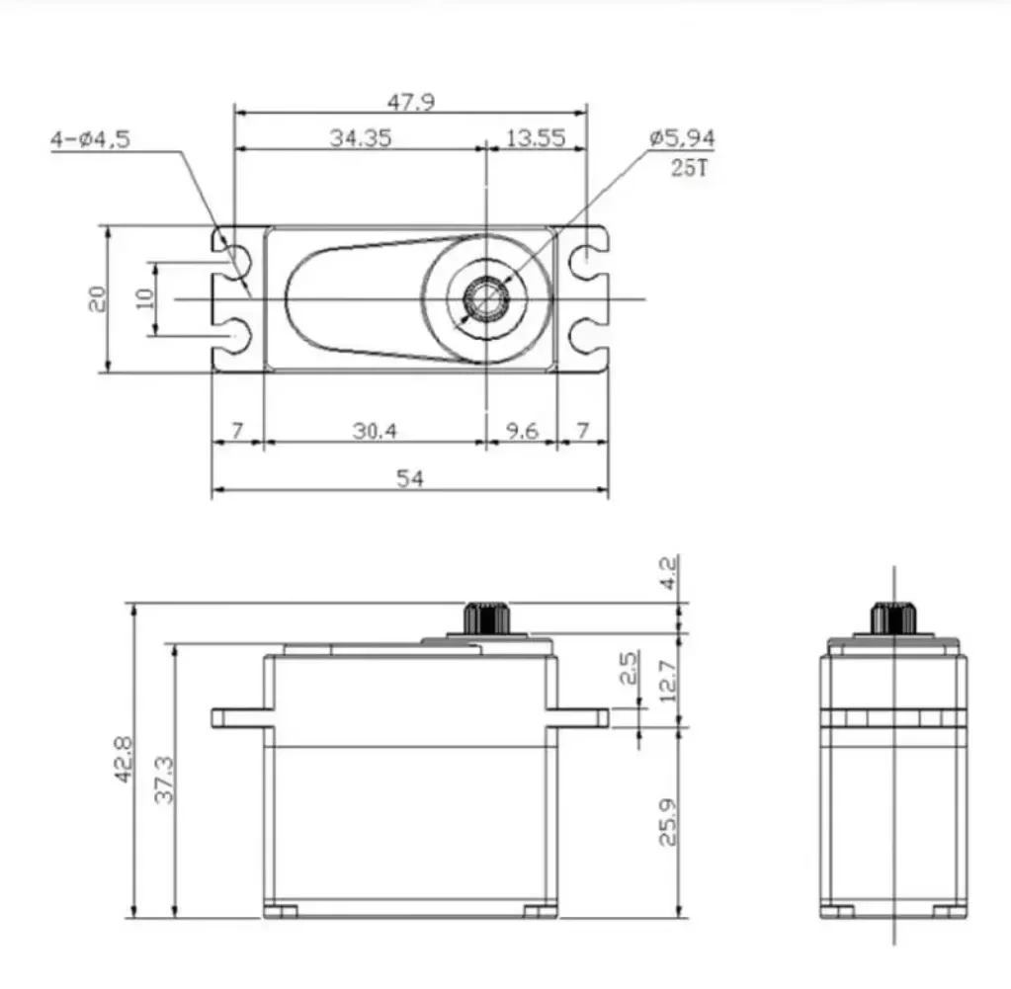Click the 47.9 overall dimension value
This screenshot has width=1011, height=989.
[410, 101]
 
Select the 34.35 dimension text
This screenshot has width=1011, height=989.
[360, 137]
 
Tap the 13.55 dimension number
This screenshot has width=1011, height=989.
[535, 137]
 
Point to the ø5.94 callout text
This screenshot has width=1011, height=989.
[682, 138]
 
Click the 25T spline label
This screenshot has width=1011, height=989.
[689, 167]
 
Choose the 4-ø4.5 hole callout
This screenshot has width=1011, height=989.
[90, 139]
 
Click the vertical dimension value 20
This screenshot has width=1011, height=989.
[97, 298]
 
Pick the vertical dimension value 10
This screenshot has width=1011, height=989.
[145, 298]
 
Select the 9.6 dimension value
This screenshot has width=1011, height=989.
[520, 431]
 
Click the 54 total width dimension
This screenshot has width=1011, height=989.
[409, 478]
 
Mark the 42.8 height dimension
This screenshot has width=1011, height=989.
[125, 760]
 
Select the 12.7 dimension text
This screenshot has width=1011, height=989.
[668, 682]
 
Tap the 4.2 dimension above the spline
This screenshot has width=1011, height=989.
[668, 572]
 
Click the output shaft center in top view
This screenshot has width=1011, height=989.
[486, 298]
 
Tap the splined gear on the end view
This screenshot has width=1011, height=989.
[892, 618]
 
